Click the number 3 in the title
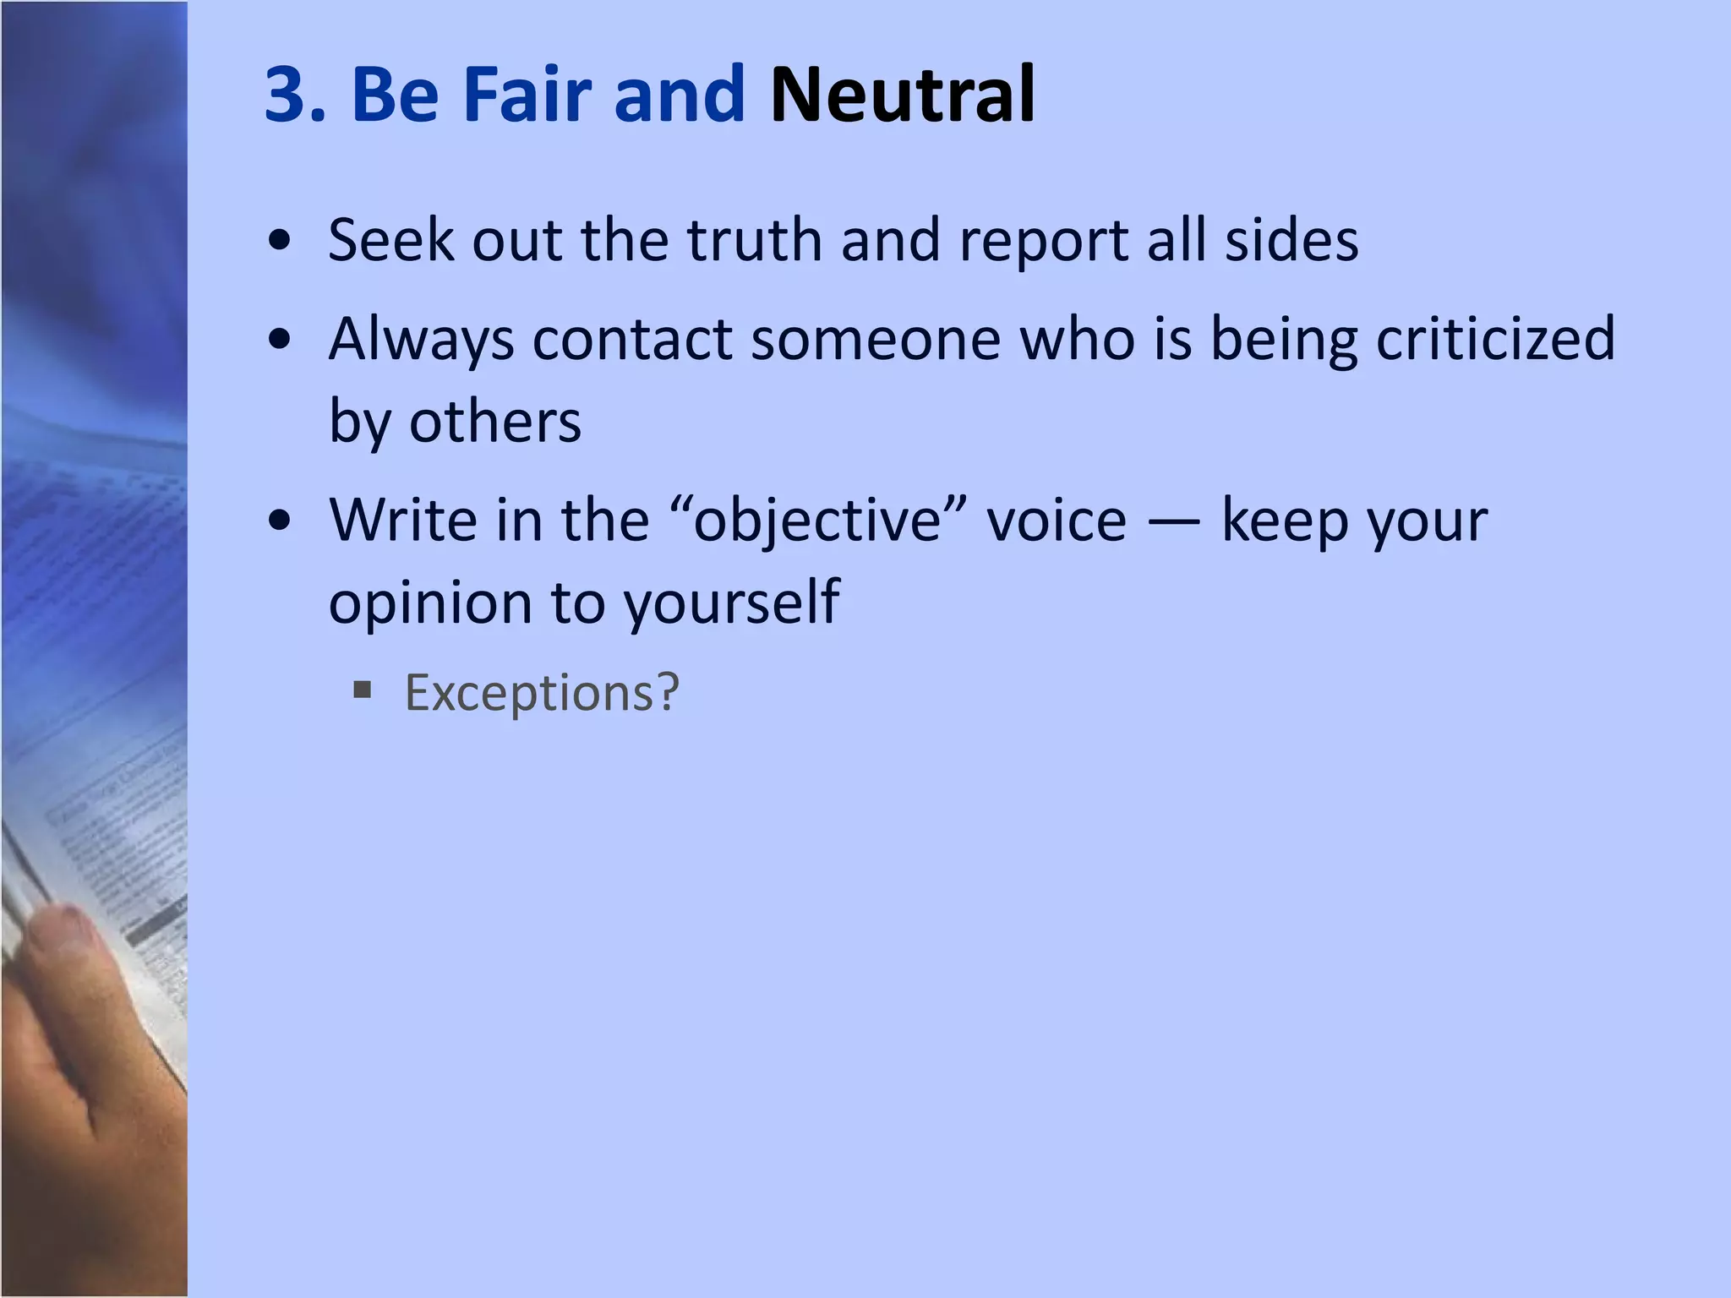(287, 95)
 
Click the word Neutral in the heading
(902, 95)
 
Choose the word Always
(421, 340)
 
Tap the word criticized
(1496, 340)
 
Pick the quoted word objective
(816, 521)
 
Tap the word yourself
(732, 603)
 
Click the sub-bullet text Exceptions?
(542, 693)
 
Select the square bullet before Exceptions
(363, 692)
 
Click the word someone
(876, 340)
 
